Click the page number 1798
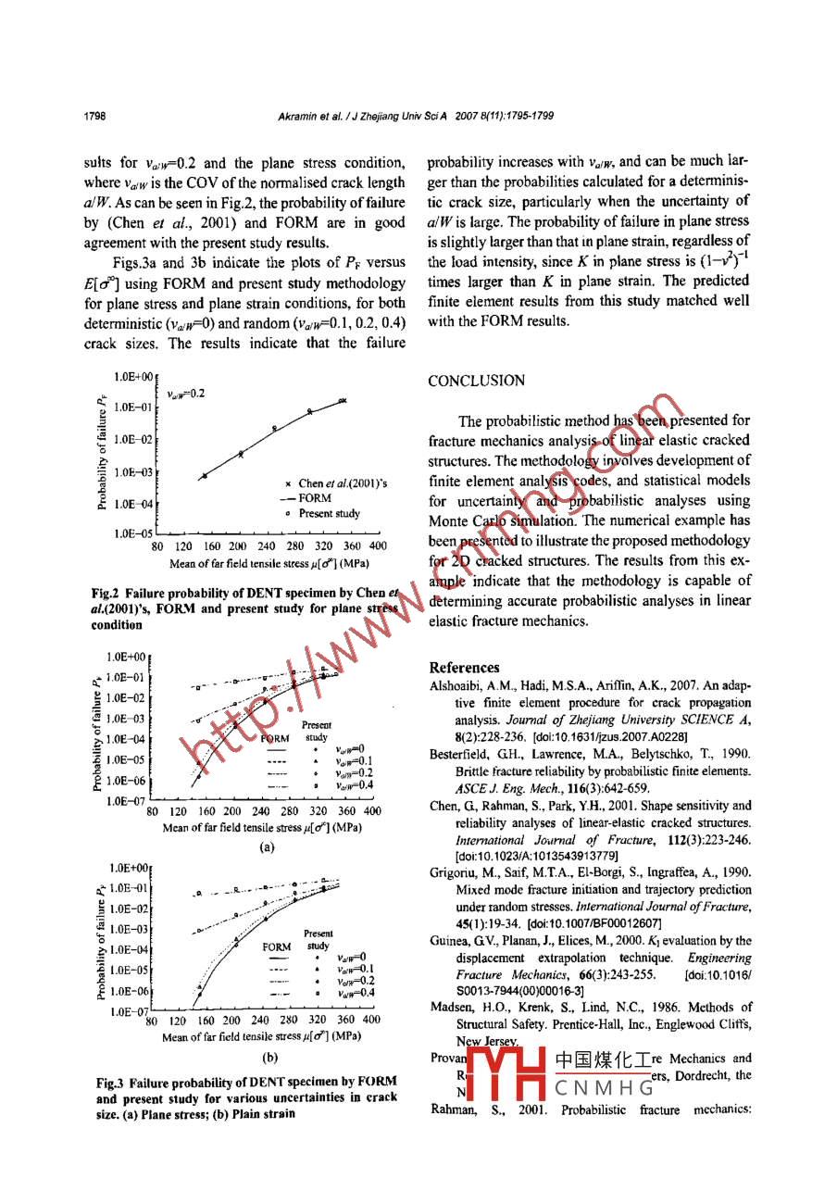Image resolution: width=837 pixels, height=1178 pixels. [x=95, y=118]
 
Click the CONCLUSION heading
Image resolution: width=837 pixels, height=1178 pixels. [x=476, y=381]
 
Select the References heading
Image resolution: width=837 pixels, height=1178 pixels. [x=465, y=667]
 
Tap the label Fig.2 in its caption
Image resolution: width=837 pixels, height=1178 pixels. [x=105, y=594]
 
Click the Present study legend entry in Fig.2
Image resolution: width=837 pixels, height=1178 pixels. [x=329, y=513]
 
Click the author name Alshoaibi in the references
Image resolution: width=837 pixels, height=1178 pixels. [x=455, y=686]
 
